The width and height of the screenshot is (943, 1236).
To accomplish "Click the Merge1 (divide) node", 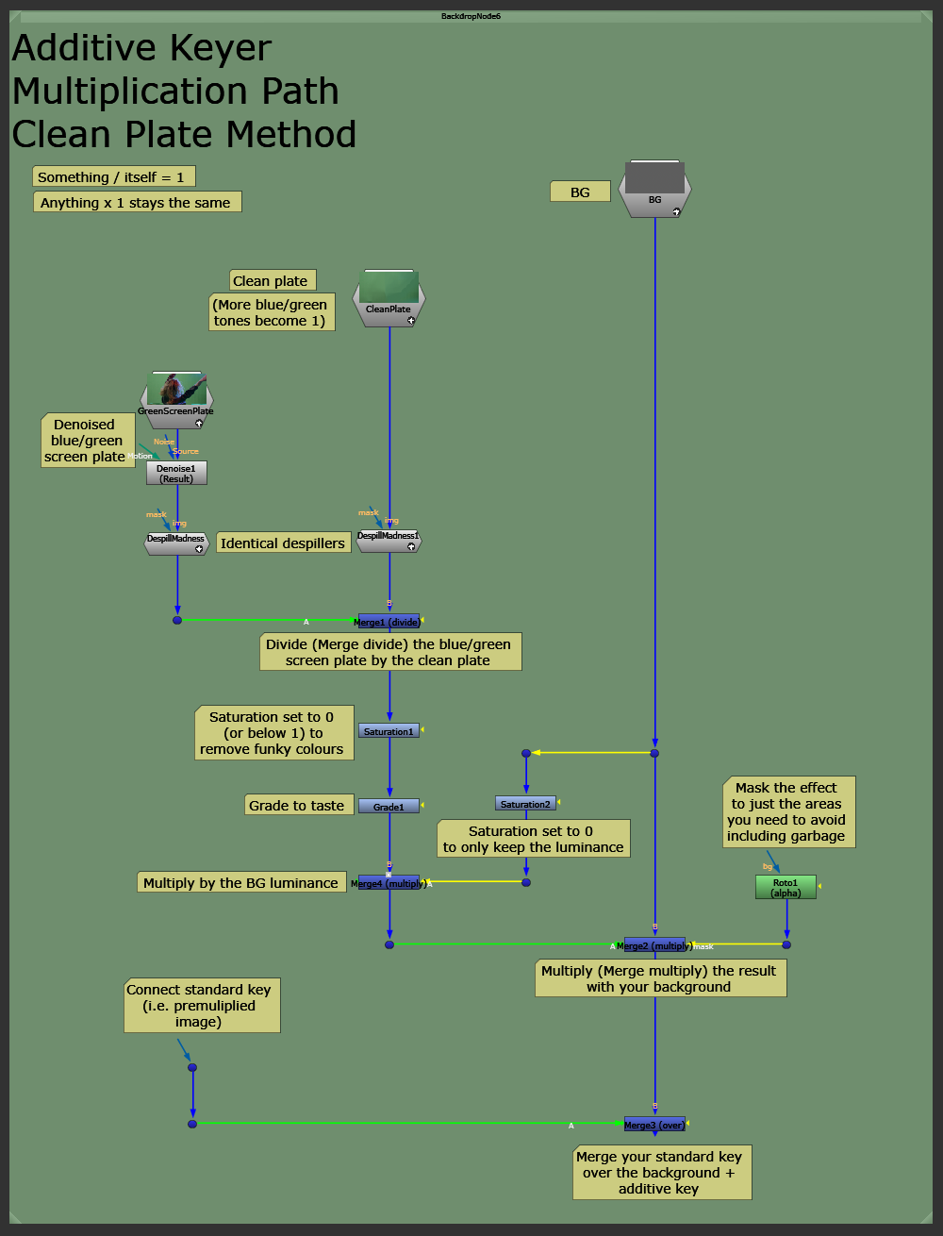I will click(389, 622).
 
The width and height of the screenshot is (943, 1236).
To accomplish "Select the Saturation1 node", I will click(389, 731).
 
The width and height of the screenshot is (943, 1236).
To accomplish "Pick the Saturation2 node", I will click(525, 804).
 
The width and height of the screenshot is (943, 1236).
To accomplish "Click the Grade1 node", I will click(389, 807).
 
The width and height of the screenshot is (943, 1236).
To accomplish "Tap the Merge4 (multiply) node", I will click(389, 883).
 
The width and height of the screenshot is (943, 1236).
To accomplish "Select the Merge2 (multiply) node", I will click(654, 945).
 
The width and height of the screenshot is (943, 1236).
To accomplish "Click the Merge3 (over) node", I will click(654, 1125).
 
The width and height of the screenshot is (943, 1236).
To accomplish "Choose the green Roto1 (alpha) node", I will click(786, 887).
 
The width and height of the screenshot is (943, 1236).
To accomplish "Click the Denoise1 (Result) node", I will click(176, 473).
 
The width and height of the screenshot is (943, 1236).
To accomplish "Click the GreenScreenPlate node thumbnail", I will click(176, 390).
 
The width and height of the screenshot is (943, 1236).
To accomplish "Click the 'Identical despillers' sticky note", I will click(283, 543).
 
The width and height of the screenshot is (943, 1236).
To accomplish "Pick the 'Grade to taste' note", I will click(297, 805).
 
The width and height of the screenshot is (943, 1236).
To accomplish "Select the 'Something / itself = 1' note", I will click(113, 177).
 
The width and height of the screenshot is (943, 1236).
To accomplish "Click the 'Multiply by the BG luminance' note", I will click(240, 883).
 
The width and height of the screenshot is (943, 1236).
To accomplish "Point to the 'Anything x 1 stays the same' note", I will click(136, 203).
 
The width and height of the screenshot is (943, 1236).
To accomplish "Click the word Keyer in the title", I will click(216, 48).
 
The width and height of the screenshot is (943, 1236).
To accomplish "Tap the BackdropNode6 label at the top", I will click(471, 16).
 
